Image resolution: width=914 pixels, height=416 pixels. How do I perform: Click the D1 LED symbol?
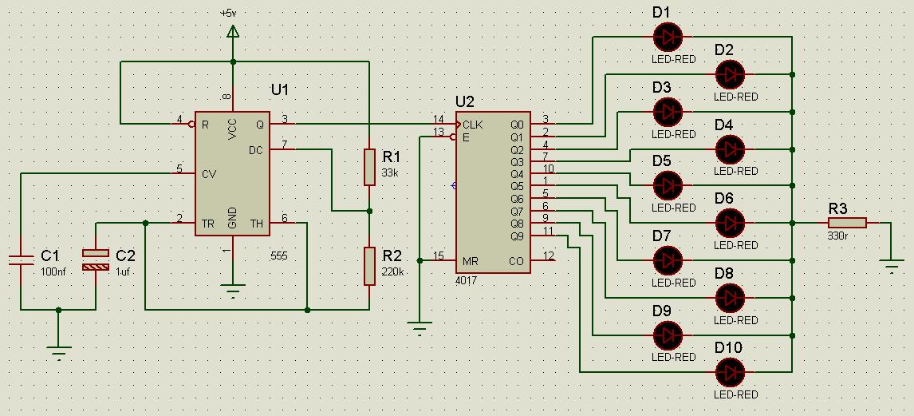point(668,37)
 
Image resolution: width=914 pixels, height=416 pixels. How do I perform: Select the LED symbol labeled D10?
point(730,372)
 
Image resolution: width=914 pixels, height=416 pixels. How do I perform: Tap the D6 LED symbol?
point(730,223)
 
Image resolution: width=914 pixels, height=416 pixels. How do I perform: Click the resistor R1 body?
point(369,167)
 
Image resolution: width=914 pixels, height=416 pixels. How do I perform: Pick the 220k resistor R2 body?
point(369,266)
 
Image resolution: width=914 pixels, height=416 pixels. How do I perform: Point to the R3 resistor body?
point(847,223)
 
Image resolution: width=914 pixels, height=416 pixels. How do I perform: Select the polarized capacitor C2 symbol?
point(96,260)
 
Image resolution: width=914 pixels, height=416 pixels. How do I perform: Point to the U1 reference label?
point(280,90)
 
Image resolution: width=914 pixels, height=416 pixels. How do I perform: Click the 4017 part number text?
point(467,281)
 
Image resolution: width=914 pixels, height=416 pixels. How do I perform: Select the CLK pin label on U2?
point(472,125)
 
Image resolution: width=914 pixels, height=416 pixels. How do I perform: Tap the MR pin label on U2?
point(471,260)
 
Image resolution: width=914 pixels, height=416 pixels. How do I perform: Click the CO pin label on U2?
point(516,260)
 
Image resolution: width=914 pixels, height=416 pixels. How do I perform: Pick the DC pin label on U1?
point(256,150)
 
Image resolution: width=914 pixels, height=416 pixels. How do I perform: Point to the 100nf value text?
point(53,271)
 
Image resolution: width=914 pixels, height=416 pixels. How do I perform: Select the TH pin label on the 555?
point(257,223)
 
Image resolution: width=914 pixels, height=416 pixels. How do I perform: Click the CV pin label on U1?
point(209,173)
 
